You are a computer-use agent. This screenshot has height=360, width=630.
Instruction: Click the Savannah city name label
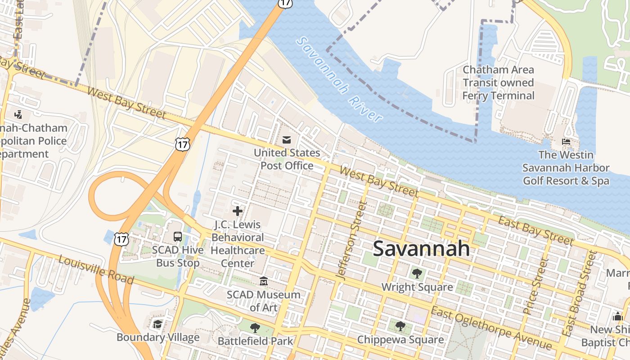pos(421,248)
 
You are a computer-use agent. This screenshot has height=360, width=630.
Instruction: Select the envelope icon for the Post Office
pos(287,140)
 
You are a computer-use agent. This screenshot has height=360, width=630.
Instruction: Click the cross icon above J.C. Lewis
pos(238,211)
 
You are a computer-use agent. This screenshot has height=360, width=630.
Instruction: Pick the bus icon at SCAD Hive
pos(178,236)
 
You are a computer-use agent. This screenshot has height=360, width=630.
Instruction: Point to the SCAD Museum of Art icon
pos(264,281)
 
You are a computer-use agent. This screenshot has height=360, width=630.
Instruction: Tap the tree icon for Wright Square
pos(417,273)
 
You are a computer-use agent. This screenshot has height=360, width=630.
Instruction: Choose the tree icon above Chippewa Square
pos(400,326)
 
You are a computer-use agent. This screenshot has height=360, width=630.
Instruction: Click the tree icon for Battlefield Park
pos(255,328)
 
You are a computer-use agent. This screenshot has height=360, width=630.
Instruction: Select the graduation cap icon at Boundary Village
pos(157,324)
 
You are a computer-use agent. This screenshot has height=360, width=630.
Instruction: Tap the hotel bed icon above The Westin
pos(566,142)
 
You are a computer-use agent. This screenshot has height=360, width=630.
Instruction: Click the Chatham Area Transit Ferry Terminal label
pos(498,83)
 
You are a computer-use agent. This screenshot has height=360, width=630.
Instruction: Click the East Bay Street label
pos(535,230)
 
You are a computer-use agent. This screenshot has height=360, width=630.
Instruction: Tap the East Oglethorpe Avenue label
pos(491,328)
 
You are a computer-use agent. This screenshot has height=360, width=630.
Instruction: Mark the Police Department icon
pos(18,114)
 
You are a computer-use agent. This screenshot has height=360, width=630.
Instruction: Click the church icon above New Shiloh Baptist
pos(618,316)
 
